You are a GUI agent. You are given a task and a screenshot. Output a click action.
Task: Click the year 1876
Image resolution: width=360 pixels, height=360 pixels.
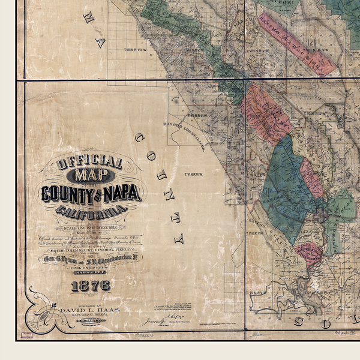coord(90,286)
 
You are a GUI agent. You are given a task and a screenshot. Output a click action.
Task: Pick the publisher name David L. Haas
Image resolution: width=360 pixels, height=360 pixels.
coord(90,309)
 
